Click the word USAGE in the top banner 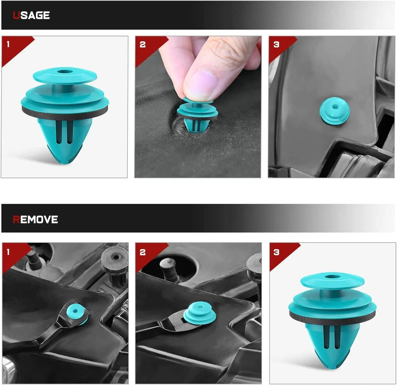[31, 15]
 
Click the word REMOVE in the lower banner [35, 219]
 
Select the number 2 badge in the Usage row [143, 44]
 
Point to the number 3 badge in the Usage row [276, 44]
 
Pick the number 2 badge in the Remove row [143, 252]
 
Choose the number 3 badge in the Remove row [277, 252]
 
